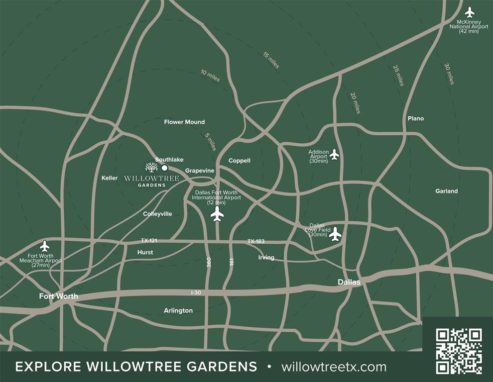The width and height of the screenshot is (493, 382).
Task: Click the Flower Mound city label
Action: point(184,122)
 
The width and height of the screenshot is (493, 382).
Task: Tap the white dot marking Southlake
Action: point(164,168)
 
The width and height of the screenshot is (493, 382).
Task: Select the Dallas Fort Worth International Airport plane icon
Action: point(217,214)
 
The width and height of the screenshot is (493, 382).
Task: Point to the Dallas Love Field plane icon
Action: point(336,233)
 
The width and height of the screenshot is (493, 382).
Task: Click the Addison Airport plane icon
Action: point(334,155)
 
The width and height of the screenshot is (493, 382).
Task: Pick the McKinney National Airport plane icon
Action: point(469,12)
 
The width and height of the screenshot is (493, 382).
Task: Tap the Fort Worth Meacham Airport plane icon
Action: point(45,246)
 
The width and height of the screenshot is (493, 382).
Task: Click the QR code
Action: point(459,351)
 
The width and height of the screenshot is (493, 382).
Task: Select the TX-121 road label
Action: point(149,241)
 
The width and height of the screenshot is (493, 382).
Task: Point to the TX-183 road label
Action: point(256,241)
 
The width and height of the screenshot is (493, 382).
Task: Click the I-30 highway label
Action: point(196,292)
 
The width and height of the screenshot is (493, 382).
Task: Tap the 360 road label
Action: point(209,263)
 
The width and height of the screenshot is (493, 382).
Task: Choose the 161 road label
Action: point(232,263)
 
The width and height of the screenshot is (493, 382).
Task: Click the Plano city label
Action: point(416,118)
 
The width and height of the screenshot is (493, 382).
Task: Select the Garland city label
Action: point(446,191)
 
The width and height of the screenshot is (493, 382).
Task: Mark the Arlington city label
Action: point(178,310)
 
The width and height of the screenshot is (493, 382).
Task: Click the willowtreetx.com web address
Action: point(334,367)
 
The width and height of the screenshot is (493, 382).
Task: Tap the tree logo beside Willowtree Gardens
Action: point(151,167)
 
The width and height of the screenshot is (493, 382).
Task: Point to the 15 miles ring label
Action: point(271,60)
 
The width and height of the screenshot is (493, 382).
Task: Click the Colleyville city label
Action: point(157,214)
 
